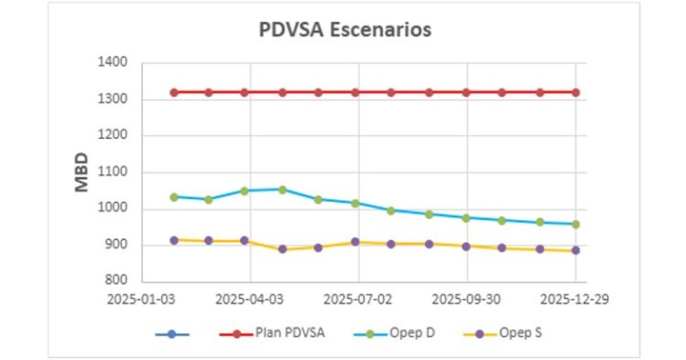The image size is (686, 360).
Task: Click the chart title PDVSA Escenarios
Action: (x=345, y=30)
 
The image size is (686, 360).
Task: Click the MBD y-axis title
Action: (x=82, y=171)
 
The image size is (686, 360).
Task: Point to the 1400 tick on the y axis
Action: (x=113, y=63)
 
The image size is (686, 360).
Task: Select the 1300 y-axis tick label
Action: (x=113, y=99)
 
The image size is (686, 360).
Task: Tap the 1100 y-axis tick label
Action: (x=113, y=172)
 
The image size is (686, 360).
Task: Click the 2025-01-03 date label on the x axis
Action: (x=141, y=298)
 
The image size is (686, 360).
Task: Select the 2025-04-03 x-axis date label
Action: (x=250, y=298)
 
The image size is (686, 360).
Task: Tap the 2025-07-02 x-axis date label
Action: (x=358, y=298)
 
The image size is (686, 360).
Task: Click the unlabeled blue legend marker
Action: (x=171, y=333)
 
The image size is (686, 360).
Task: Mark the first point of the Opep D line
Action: (x=174, y=197)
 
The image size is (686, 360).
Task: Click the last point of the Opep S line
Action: (x=575, y=250)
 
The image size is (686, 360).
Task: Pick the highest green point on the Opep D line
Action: (x=282, y=190)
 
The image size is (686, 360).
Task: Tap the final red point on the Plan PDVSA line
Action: (x=575, y=92)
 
